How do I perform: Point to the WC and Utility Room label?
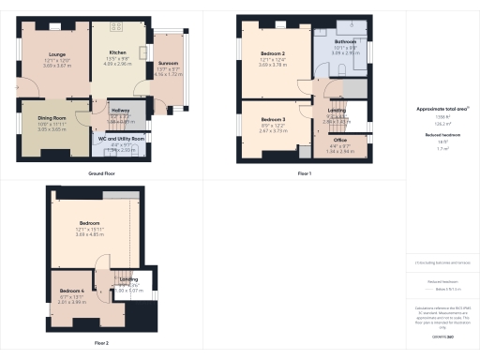(122, 139)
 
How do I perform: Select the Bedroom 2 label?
(272, 54)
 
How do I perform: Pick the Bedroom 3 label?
(272, 120)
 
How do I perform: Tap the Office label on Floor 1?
(339, 139)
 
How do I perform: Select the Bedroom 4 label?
(71, 291)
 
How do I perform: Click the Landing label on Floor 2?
(128, 279)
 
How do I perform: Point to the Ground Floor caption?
(101, 174)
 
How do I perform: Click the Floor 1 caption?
(304, 174)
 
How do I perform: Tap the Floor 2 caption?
(101, 343)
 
